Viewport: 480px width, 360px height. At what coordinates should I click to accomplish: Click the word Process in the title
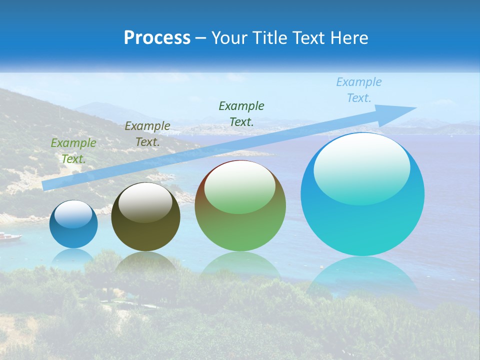tap(157, 38)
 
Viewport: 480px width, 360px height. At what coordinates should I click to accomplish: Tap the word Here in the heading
tap(349, 38)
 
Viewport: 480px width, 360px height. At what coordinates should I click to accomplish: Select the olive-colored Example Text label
tap(147, 134)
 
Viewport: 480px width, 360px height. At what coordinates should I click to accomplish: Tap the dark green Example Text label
tap(241, 113)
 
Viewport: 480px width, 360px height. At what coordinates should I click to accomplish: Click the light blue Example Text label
tap(359, 90)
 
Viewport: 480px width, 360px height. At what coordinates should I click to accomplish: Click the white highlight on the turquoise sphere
tap(361, 167)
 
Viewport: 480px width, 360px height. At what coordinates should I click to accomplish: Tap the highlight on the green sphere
tap(240, 186)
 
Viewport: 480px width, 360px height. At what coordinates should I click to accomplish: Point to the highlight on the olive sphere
tap(145, 202)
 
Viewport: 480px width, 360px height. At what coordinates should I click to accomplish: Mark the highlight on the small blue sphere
tap(73, 214)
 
